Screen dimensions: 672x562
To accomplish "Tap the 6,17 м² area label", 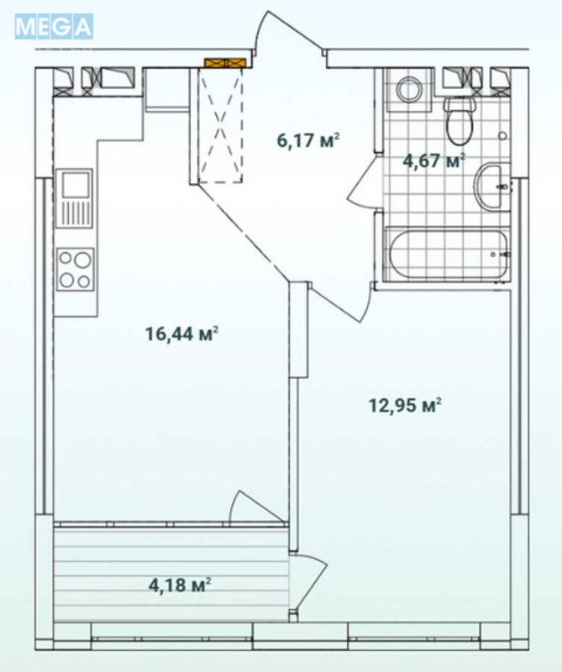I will pyautogui.click(x=307, y=140).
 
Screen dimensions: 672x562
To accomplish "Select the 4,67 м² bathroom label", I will pyautogui.click(x=433, y=160).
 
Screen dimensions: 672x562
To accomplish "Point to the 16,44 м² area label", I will pyautogui.click(x=181, y=334).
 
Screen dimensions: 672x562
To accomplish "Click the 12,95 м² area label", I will pyautogui.click(x=405, y=406).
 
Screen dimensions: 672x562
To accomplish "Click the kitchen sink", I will pyautogui.click(x=74, y=198).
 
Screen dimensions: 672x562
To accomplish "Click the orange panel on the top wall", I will pyautogui.click(x=224, y=62).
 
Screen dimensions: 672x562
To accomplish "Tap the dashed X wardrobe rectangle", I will pyautogui.click(x=221, y=126).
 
